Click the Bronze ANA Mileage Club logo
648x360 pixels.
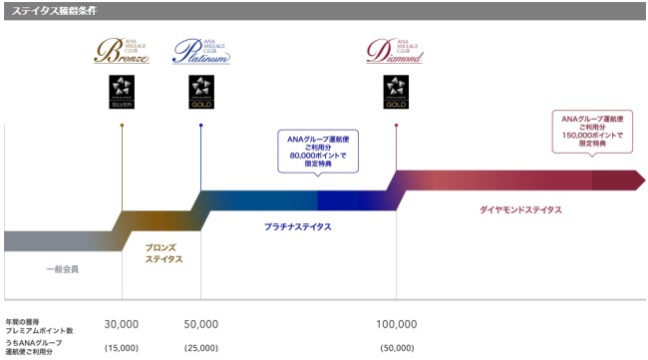(x=122, y=51)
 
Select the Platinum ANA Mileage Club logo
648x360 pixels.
(x=200, y=51)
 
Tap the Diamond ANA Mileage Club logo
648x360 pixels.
(x=396, y=51)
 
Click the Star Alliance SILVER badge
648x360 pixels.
(x=122, y=91)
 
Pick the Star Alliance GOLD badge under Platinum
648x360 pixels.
(x=200, y=91)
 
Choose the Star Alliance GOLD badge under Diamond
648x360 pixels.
(x=396, y=91)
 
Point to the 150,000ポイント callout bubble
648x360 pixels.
(x=592, y=131)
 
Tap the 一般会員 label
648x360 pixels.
(x=62, y=270)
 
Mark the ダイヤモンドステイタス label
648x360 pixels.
(x=519, y=210)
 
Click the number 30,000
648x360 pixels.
(x=121, y=325)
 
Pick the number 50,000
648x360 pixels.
(x=200, y=325)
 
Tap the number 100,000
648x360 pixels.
(x=397, y=325)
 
